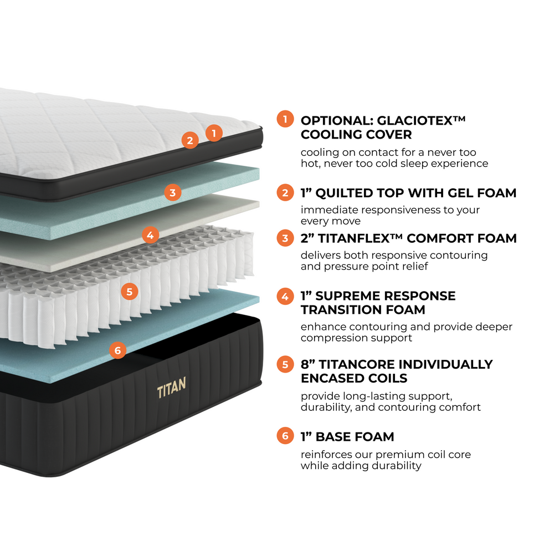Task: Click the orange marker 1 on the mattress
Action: pyautogui.click(x=214, y=133)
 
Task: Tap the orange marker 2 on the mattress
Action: pyautogui.click(x=190, y=140)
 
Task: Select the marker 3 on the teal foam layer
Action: pyautogui.click(x=173, y=192)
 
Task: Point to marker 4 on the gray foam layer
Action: pyautogui.click(x=150, y=235)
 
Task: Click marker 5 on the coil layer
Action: pyautogui.click(x=130, y=291)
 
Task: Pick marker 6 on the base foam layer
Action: pyautogui.click(x=117, y=350)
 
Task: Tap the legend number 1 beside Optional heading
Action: pyautogui.click(x=285, y=120)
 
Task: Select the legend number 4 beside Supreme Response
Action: pyautogui.click(x=285, y=296)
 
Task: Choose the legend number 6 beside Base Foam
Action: pyautogui.click(x=285, y=436)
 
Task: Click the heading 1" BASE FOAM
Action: pyautogui.click(x=347, y=437)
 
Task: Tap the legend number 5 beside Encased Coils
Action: pyautogui.click(x=285, y=364)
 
